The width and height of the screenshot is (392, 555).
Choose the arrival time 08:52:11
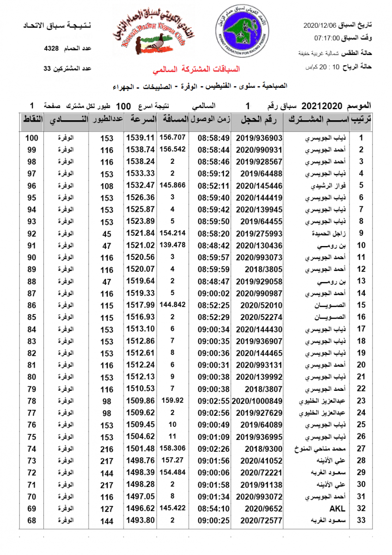point(214,186)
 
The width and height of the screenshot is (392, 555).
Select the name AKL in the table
point(337,509)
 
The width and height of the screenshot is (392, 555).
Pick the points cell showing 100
point(31,138)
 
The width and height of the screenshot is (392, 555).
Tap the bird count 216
point(107,449)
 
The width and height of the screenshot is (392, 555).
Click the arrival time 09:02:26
point(214,449)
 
